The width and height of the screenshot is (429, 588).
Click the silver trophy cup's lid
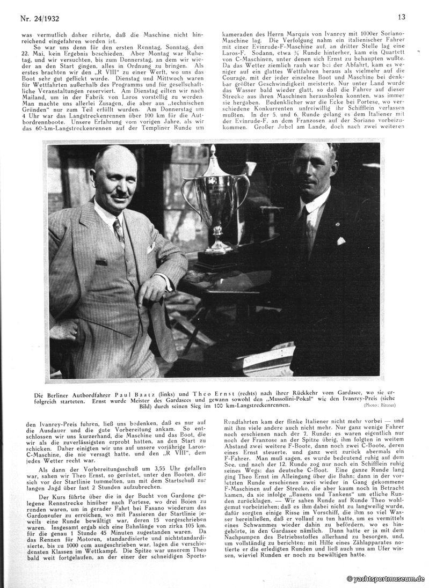[214, 161]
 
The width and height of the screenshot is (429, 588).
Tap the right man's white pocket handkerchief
[340, 240]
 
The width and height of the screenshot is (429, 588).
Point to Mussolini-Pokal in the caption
[260, 396]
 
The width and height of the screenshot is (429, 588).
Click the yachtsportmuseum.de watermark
[386, 579]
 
